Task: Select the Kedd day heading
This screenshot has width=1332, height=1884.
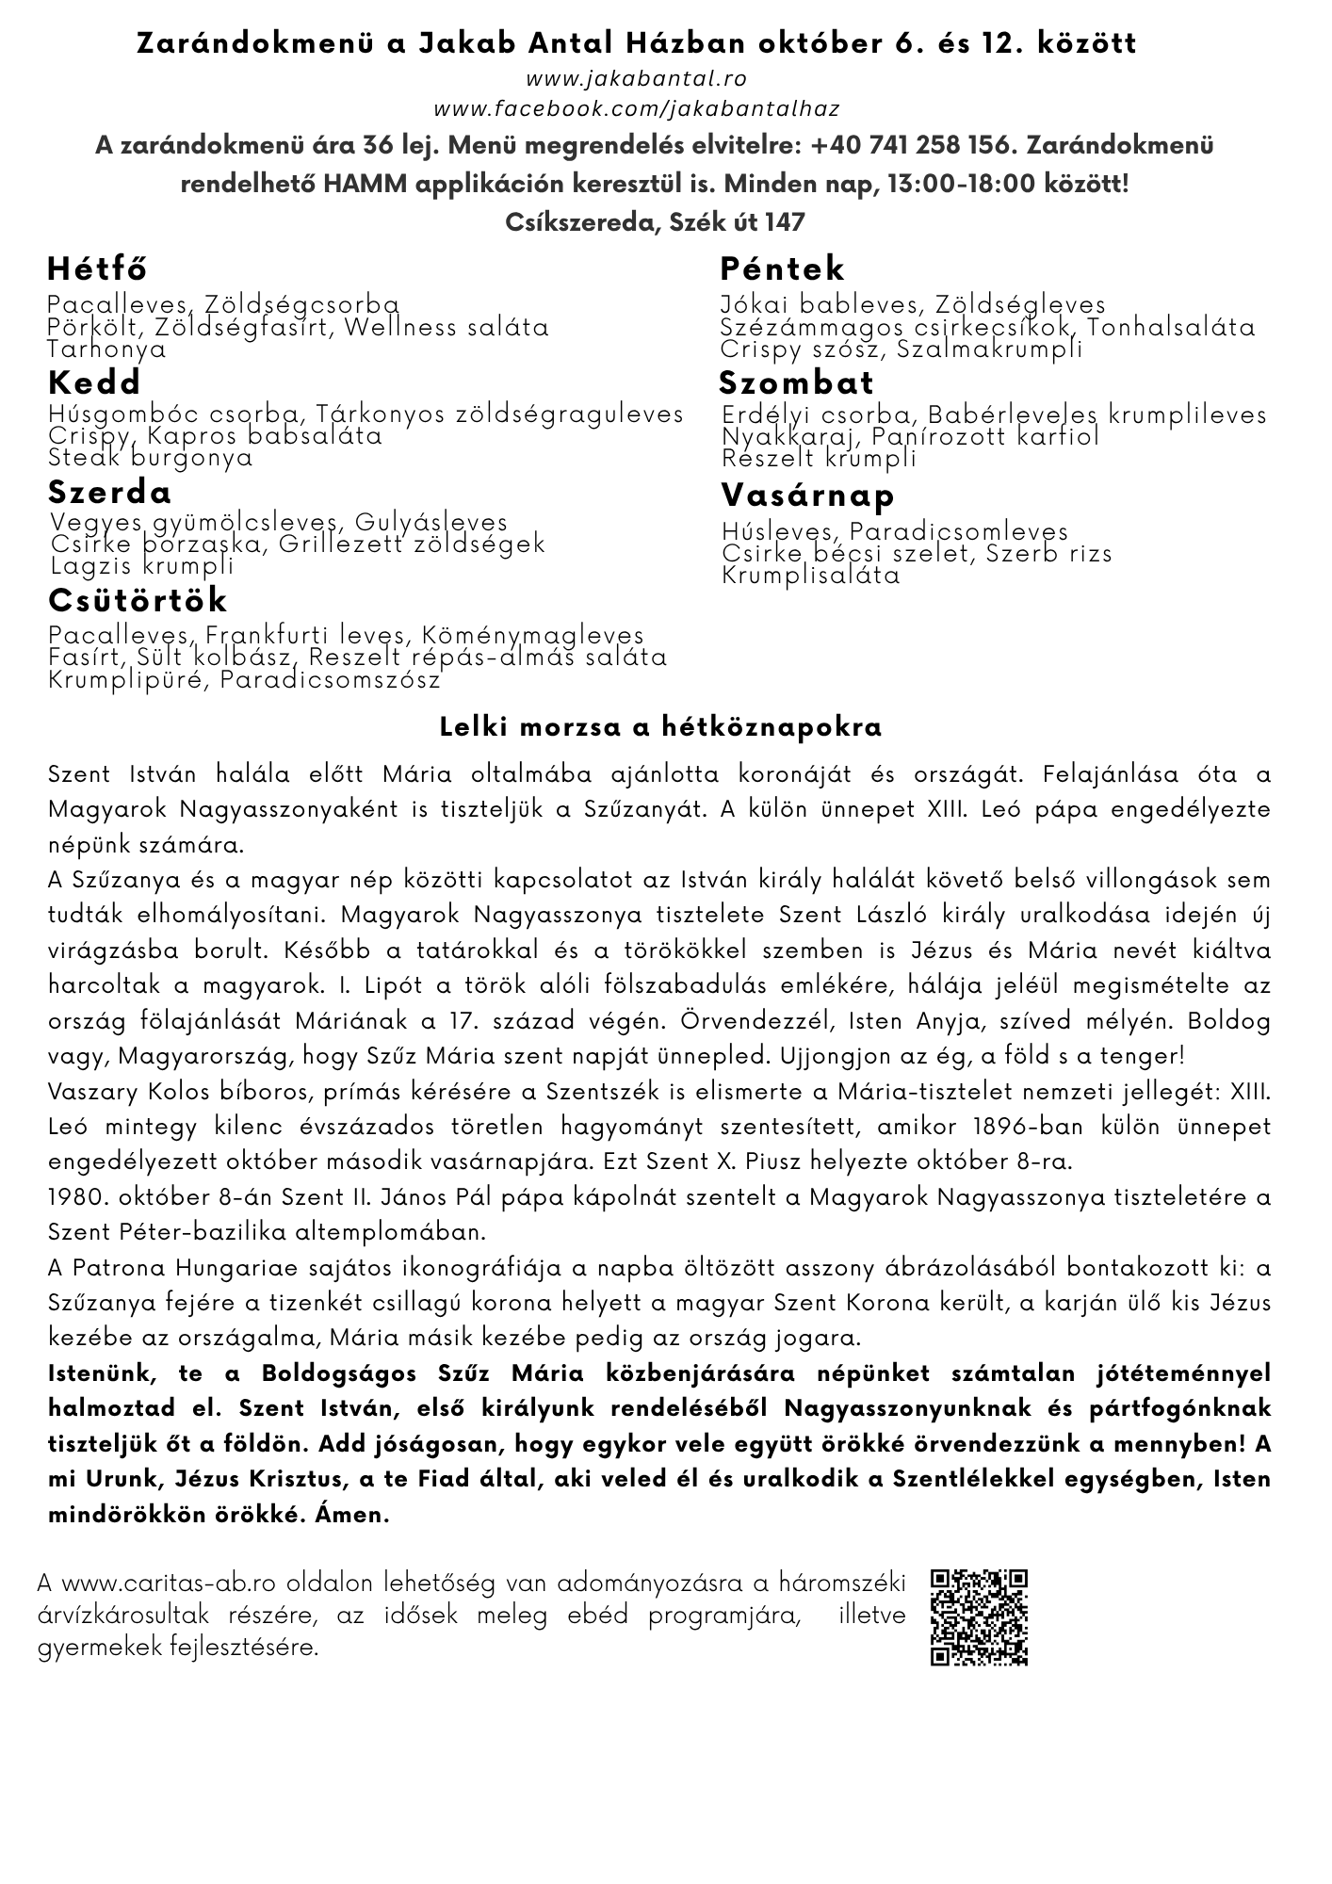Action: pos(94,382)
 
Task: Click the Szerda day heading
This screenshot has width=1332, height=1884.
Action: pos(110,493)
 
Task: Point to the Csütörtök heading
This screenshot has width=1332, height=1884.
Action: pos(138,600)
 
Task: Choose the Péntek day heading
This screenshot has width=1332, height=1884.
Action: pos(783,269)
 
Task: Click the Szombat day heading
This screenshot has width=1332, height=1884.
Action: pos(797,382)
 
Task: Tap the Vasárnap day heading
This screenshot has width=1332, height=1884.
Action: pos(808,495)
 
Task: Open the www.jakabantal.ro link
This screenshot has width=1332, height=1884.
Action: pos(637,79)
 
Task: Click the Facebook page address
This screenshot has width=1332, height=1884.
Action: pos(637,110)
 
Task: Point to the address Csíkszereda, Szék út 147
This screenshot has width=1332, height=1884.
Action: pos(656,221)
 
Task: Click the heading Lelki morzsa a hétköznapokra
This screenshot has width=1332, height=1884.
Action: pos(660,728)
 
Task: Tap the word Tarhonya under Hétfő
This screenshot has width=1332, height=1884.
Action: pos(106,349)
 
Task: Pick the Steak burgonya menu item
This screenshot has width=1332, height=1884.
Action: pos(152,459)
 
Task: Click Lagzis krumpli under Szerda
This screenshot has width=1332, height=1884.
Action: pos(142,566)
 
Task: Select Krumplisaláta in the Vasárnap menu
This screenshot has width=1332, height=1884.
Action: pos(811,575)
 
